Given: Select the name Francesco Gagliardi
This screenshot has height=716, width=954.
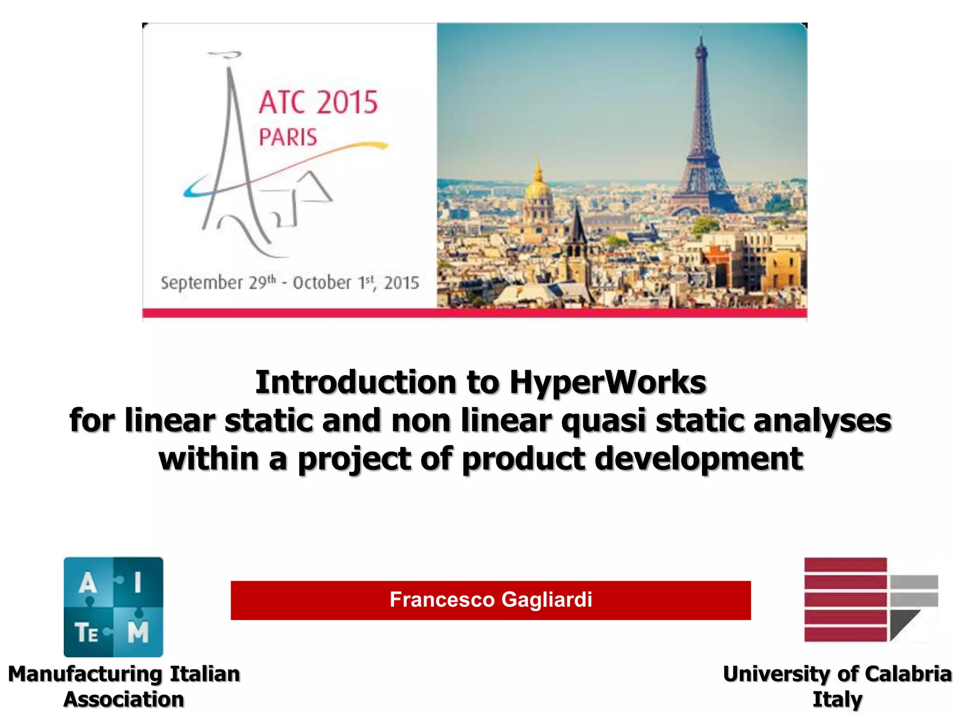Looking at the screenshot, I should click(x=491, y=599).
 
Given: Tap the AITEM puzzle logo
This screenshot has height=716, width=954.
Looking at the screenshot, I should click(x=113, y=606).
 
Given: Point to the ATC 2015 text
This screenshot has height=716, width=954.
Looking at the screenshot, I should click(x=318, y=103).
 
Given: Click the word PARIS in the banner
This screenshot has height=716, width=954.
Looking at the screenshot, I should click(x=288, y=138).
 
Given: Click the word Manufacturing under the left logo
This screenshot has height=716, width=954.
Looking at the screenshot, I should click(x=84, y=674).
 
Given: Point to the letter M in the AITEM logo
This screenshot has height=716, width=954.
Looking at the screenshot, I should click(x=138, y=632).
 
